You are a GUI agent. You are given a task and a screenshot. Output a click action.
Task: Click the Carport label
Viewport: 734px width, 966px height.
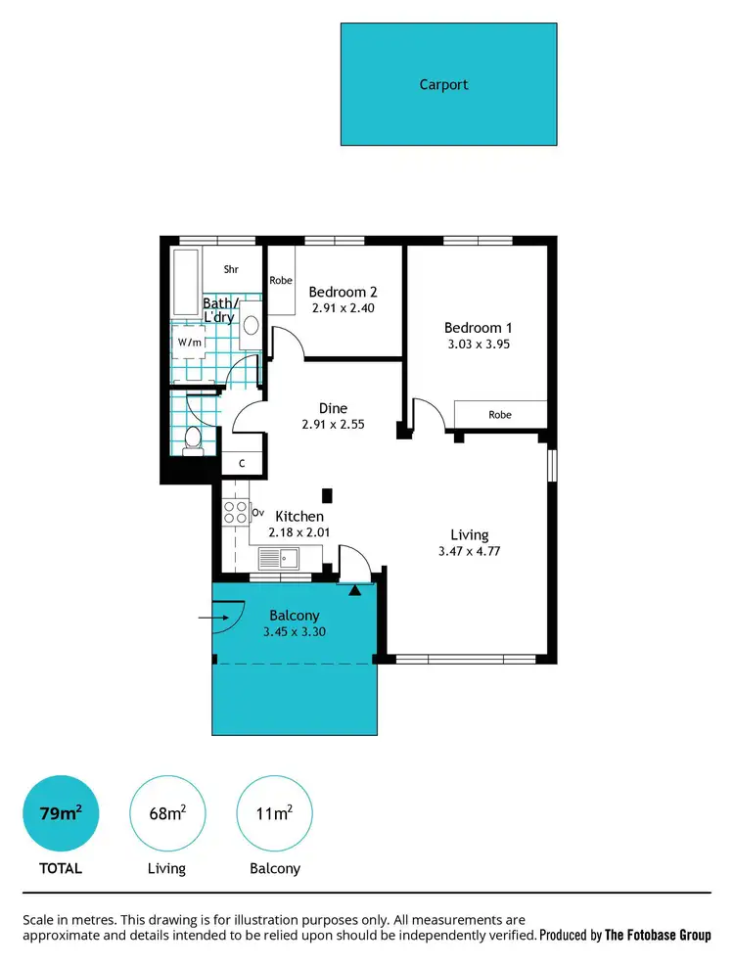(x=443, y=84)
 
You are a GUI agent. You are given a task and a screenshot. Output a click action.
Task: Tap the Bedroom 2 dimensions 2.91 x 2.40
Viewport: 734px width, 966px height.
(x=343, y=308)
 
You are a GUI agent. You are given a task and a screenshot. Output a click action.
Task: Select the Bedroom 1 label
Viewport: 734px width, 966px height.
(x=478, y=328)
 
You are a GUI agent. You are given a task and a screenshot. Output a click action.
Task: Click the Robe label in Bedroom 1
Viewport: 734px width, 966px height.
(x=499, y=415)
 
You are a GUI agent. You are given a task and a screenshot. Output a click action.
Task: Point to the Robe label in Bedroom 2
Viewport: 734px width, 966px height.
(x=281, y=281)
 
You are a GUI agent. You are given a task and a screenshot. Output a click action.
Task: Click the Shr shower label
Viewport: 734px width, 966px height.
(x=231, y=269)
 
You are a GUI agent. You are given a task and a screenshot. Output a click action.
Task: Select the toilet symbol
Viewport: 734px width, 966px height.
(x=193, y=440)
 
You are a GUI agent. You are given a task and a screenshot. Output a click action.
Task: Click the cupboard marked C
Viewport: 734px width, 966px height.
(x=242, y=464)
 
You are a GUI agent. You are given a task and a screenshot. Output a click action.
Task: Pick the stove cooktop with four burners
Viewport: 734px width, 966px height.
(x=236, y=512)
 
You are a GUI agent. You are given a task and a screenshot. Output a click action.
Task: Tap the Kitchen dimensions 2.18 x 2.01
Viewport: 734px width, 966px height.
(x=298, y=533)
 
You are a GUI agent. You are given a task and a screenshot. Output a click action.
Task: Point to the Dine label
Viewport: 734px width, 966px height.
(x=334, y=408)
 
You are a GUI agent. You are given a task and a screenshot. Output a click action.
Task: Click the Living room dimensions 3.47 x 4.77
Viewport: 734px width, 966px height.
(x=469, y=552)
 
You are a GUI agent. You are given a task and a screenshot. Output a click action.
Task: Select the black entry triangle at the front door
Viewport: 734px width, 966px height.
(x=355, y=589)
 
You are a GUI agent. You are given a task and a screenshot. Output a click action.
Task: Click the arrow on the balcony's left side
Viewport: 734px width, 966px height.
(x=210, y=618)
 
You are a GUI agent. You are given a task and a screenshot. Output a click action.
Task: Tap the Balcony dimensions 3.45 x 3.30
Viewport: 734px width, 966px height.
(x=294, y=632)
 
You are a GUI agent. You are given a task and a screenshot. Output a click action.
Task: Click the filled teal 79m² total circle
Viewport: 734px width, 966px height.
(x=61, y=812)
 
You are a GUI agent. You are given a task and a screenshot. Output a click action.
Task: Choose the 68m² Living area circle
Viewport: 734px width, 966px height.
(x=165, y=812)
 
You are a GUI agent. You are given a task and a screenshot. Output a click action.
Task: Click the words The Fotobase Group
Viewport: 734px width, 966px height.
(x=658, y=936)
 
